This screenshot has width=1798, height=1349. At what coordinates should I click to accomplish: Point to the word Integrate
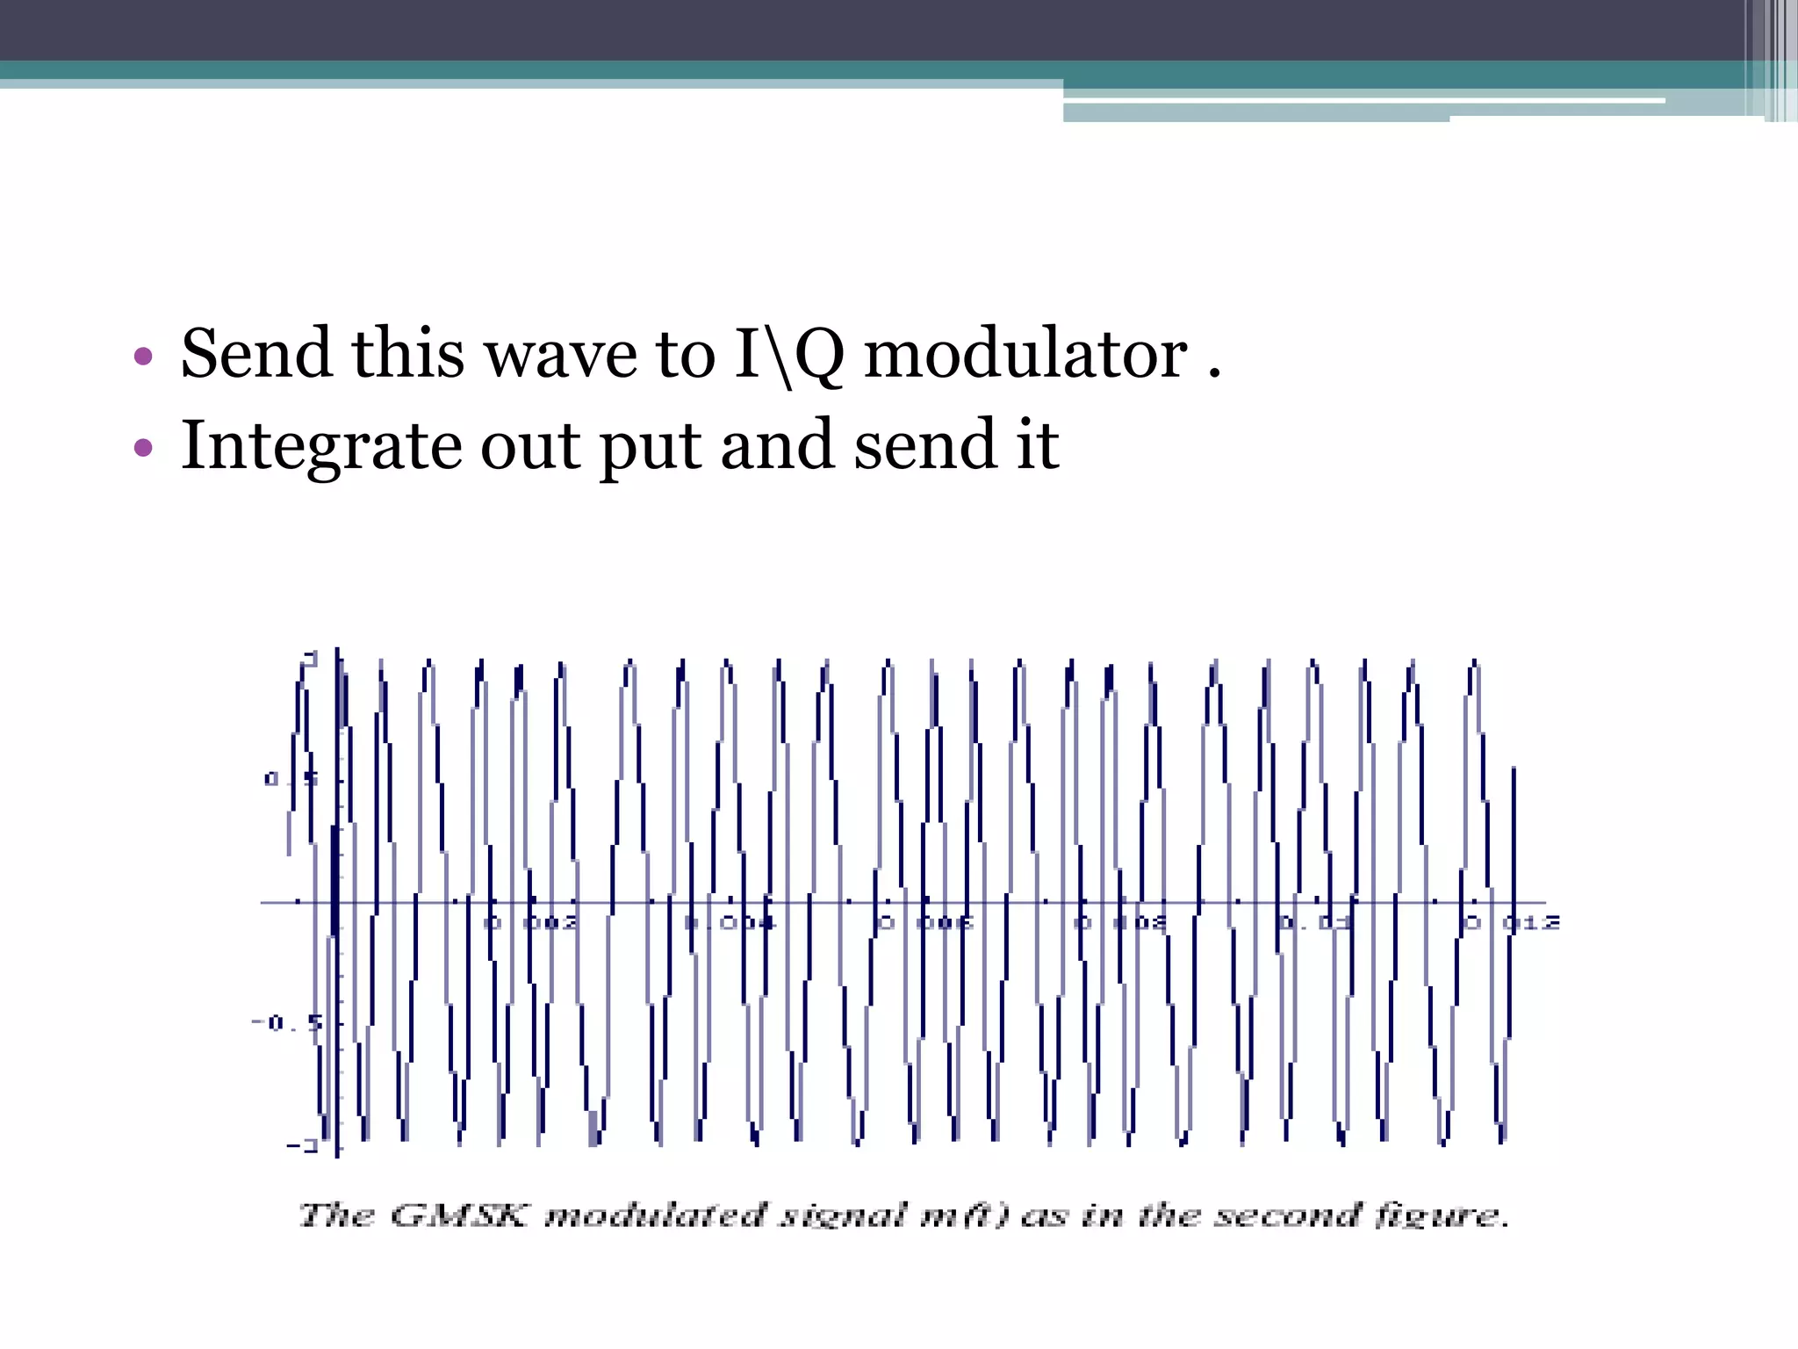pyautogui.click(x=320, y=445)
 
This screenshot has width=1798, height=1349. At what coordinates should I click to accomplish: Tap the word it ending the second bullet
pyautogui.click(x=1038, y=445)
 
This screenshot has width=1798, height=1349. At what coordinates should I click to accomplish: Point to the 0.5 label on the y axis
pyautogui.click(x=281, y=779)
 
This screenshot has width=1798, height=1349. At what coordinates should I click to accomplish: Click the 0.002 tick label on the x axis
pyautogui.click(x=532, y=923)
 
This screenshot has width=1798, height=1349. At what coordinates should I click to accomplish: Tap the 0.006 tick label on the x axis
pyautogui.click(x=926, y=923)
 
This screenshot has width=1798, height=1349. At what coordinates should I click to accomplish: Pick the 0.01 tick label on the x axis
pyautogui.click(x=1314, y=923)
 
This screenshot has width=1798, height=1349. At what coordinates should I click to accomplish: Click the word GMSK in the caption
pyautogui.click(x=458, y=1216)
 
